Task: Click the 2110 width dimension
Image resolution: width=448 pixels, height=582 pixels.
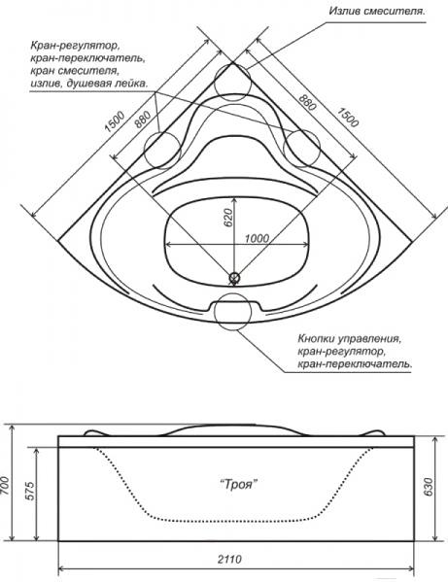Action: click(x=230, y=559)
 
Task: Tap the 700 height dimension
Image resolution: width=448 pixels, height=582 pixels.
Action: click(x=6, y=484)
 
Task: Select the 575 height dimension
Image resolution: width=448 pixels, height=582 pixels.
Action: click(x=30, y=491)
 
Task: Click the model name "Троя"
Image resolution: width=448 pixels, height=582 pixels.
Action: click(x=238, y=485)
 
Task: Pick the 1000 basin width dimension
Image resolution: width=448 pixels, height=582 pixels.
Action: click(x=258, y=237)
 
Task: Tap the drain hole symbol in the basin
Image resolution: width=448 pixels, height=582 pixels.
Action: click(x=234, y=277)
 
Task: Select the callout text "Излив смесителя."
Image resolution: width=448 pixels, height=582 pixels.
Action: click(x=377, y=11)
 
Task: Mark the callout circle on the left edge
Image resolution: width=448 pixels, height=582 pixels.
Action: click(x=162, y=150)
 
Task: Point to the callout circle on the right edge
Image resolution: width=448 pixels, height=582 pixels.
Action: click(x=301, y=149)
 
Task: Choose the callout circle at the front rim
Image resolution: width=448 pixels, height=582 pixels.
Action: click(x=233, y=312)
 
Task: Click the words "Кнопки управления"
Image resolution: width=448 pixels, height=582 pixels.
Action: click(x=349, y=339)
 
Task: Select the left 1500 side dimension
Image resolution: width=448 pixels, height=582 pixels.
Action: click(x=114, y=121)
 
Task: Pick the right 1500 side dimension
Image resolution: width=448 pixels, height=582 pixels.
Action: click(x=348, y=117)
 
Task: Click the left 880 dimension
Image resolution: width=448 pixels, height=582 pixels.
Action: click(x=143, y=120)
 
